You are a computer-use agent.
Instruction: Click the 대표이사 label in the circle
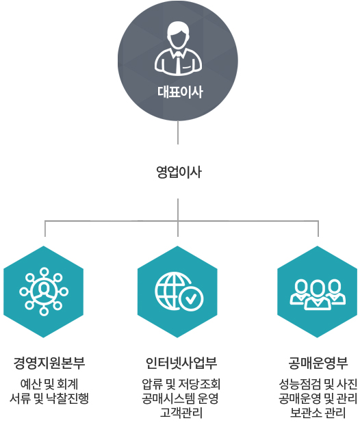click(180, 92)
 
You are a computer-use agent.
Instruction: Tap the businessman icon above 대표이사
click(178, 48)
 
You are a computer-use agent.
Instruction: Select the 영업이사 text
click(179, 172)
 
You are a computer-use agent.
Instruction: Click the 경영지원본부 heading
click(49, 363)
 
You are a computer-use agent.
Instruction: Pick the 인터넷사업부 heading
click(181, 363)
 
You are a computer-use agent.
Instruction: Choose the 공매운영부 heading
click(318, 363)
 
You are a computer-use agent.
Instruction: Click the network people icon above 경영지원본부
click(44, 292)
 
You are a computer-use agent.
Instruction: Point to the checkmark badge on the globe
click(191, 298)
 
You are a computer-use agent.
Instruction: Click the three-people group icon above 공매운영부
click(318, 294)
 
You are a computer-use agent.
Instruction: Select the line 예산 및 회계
click(49, 384)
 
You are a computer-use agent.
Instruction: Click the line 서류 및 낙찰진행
click(49, 398)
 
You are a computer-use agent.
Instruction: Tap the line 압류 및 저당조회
click(181, 384)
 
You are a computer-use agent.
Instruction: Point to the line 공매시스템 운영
click(180, 398)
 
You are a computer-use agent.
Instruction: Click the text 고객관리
click(181, 413)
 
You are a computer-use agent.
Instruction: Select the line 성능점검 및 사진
click(318, 384)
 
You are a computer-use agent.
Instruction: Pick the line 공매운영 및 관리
click(318, 398)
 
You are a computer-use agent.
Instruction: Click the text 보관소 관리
click(318, 413)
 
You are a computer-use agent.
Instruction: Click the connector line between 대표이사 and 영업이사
click(178, 133)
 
